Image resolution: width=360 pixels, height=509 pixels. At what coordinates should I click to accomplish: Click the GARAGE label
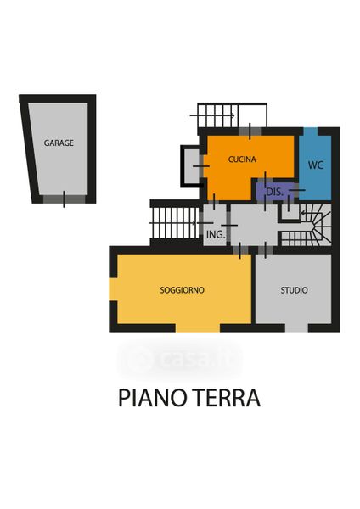coord(59,143)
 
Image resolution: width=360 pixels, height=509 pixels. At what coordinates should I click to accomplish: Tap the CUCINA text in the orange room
coord(242,159)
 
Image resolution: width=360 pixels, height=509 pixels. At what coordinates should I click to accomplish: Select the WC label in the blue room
coord(316,165)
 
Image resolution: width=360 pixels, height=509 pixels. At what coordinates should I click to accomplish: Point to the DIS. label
coord(274,192)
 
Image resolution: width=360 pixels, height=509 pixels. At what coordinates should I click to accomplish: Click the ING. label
coord(216,234)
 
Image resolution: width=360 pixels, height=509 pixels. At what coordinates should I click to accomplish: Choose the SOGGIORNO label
coord(182,290)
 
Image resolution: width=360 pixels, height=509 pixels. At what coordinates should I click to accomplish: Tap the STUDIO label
coord(294,290)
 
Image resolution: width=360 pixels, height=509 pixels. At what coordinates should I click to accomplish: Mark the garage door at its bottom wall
coord(64,199)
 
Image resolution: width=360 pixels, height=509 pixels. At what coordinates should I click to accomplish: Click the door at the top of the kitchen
coord(250,131)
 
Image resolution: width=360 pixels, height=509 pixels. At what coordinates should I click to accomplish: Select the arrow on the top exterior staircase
coord(212,115)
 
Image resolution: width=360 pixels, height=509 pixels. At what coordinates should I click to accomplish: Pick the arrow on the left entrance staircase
coord(173,222)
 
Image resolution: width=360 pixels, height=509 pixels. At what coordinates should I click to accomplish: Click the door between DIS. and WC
coord(297,190)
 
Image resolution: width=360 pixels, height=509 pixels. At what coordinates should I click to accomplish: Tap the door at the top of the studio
coord(266,250)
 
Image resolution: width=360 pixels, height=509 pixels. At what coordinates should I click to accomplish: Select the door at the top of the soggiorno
coord(240,250)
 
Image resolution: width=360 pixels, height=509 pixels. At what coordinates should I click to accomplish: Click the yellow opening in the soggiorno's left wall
coord(113,289)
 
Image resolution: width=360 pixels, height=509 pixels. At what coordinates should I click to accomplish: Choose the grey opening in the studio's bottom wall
coord(296,327)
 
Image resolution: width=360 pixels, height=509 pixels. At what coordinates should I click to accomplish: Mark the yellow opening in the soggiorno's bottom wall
coord(198,327)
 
